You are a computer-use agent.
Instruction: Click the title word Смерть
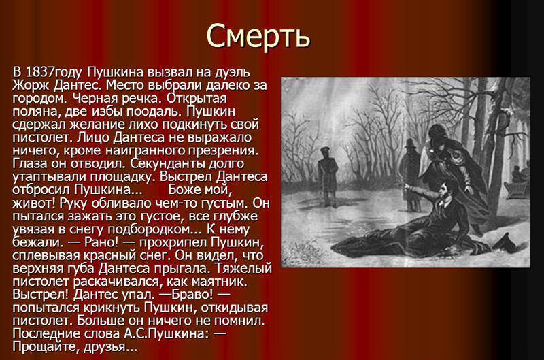pyautogui.click(x=258, y=36)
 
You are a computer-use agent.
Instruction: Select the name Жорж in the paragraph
pyautogui.click(x=31, y=85)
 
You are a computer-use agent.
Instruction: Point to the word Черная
pyautogui.click(x=95, y=98)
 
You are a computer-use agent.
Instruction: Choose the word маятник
pyautogui.click(x=222, y=281)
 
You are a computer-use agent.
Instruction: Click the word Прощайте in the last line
pyautogui.click(x=46, y=347)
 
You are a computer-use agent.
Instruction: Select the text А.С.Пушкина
pyautogui.click(x=165, y=333)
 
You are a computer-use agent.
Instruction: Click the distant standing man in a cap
pyautogui.click(x=327, y=175)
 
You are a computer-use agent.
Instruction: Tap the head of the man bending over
pyautogui.click(x=438, y=136)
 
